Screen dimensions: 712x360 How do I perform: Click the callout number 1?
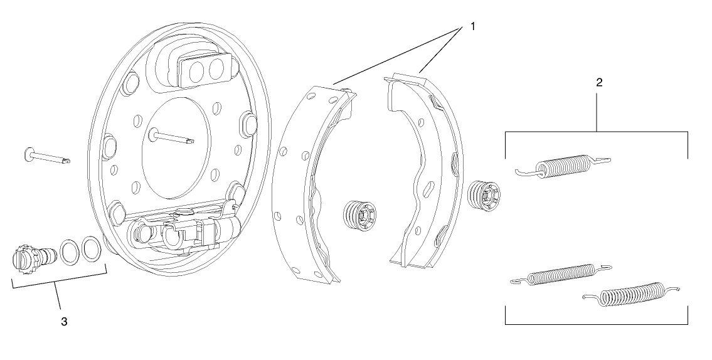(x=472, y=26)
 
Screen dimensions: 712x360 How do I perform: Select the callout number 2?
(x=599, y=82)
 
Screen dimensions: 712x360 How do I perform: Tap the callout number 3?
(x=64, y=321)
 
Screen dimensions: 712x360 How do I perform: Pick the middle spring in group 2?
(x=561, y=274)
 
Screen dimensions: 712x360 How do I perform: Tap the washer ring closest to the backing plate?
(x=91, y=249)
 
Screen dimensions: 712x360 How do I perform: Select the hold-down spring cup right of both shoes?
(x=484, y=196)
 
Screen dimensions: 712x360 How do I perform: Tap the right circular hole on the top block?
(x=216, y=68)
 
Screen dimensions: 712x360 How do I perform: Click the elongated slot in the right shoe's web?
(x=428, y=188)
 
